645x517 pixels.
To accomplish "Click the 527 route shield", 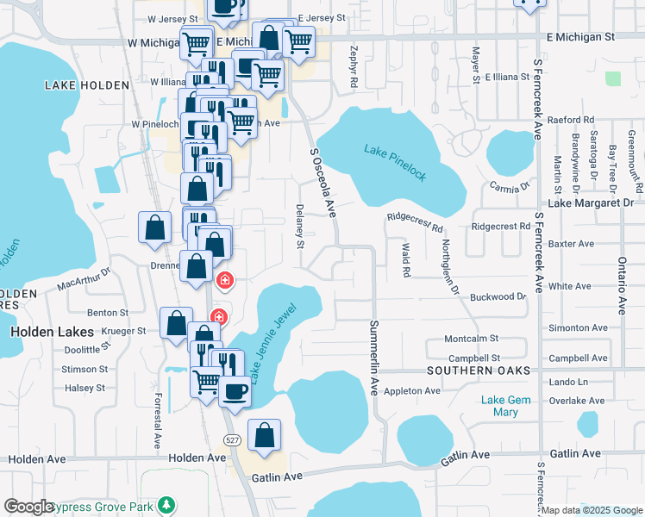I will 232,440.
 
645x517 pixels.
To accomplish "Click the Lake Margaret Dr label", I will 591,202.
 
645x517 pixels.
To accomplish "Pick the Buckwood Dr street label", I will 498,296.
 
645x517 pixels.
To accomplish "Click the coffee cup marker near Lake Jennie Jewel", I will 235,390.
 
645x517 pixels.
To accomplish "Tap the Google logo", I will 28,507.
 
